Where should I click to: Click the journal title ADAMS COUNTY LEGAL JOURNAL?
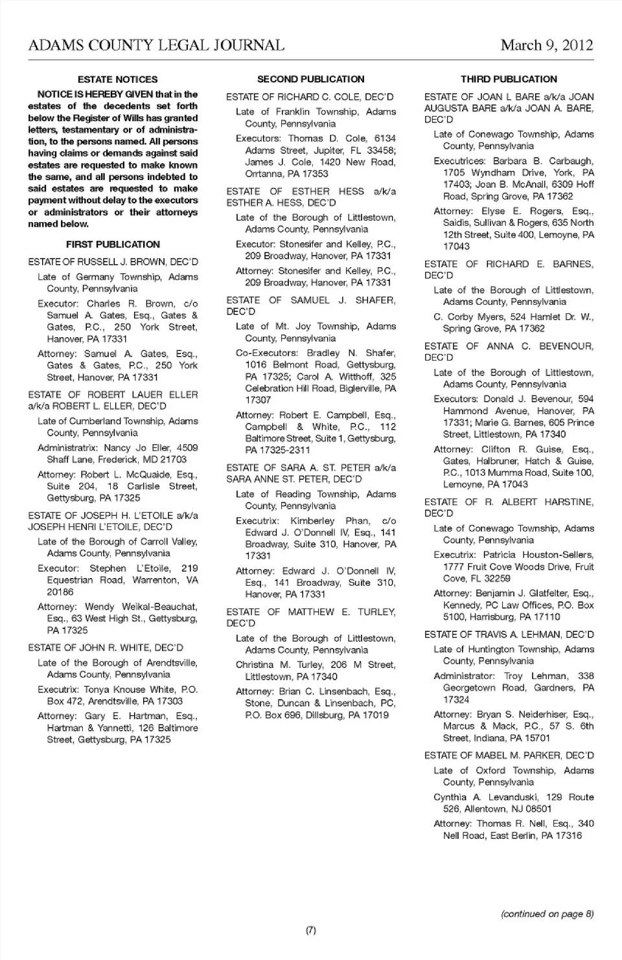(x=156, y=45)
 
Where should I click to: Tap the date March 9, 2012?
(x=547, y=45)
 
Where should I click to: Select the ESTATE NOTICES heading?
(x=117, y=80)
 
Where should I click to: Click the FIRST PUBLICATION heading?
(x=113, y=245)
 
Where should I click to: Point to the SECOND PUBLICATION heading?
(x=311, y=80)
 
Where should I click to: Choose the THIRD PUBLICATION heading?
(x=509, y=80)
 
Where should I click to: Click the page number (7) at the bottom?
(x=311, y=930)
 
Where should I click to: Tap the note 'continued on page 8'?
(x=547, y=914)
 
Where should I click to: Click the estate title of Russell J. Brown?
(x=113, y=262)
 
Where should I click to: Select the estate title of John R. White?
(x=106, y=647)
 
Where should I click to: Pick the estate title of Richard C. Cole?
(x=310, y=97)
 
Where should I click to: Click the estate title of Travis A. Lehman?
(x=509, y=634)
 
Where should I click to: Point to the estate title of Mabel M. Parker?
(x=509, y=755)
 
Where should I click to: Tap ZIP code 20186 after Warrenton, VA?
(x=60, y=592)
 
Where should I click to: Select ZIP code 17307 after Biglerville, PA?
(x=258, y=400)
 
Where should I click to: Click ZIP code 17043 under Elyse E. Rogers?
(x=456, y=246)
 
